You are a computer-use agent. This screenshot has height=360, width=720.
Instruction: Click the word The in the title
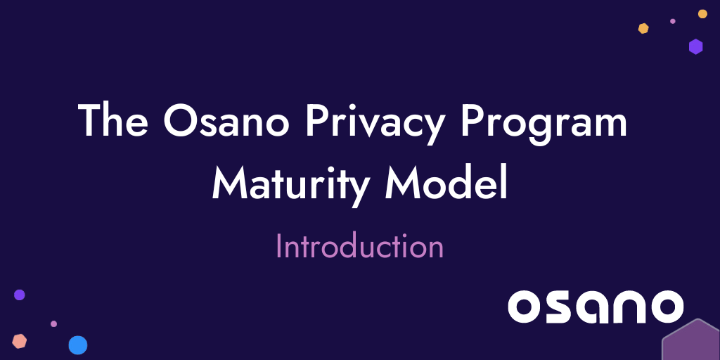112,121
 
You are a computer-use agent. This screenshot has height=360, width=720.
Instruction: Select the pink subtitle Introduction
359,247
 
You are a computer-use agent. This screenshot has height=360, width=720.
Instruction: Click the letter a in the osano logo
593,307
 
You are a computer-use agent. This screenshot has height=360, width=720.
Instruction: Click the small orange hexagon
643,28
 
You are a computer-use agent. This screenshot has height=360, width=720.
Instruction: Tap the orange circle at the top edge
702,13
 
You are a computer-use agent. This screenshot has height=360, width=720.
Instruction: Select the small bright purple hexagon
695,46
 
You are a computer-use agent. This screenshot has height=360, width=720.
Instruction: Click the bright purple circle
20,295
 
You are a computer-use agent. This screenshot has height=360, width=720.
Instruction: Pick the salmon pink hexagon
20,341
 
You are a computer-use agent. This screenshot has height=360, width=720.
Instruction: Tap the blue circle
77,345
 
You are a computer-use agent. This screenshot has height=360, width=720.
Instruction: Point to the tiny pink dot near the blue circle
53,324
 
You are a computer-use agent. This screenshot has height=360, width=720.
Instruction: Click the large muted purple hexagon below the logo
693,342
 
